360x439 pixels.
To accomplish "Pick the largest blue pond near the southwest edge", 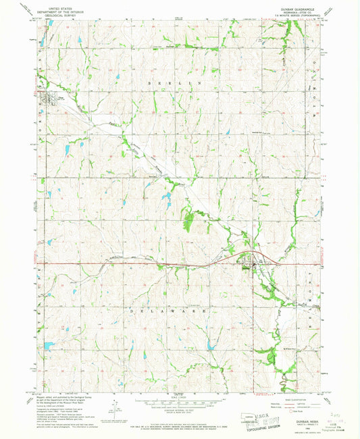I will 49,345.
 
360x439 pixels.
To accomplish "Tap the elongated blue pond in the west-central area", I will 68,150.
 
